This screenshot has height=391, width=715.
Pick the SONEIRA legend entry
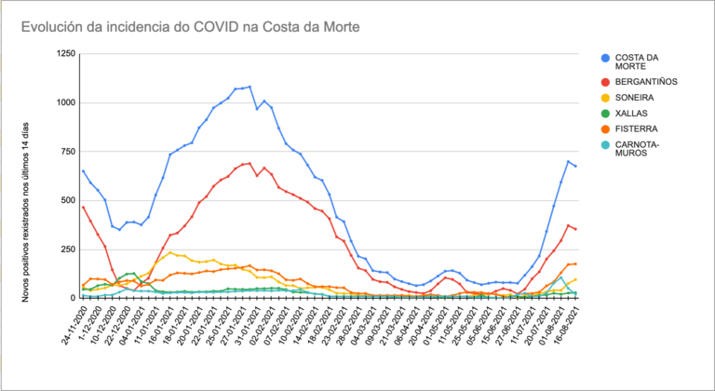tap(634, 97)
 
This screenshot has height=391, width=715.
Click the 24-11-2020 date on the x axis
tap(72, 325)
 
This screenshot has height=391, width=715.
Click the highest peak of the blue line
tap(250, 87)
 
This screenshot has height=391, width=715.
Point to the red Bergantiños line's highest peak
tap(250, 164)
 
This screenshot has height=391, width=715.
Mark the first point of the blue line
tap(83, 170)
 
